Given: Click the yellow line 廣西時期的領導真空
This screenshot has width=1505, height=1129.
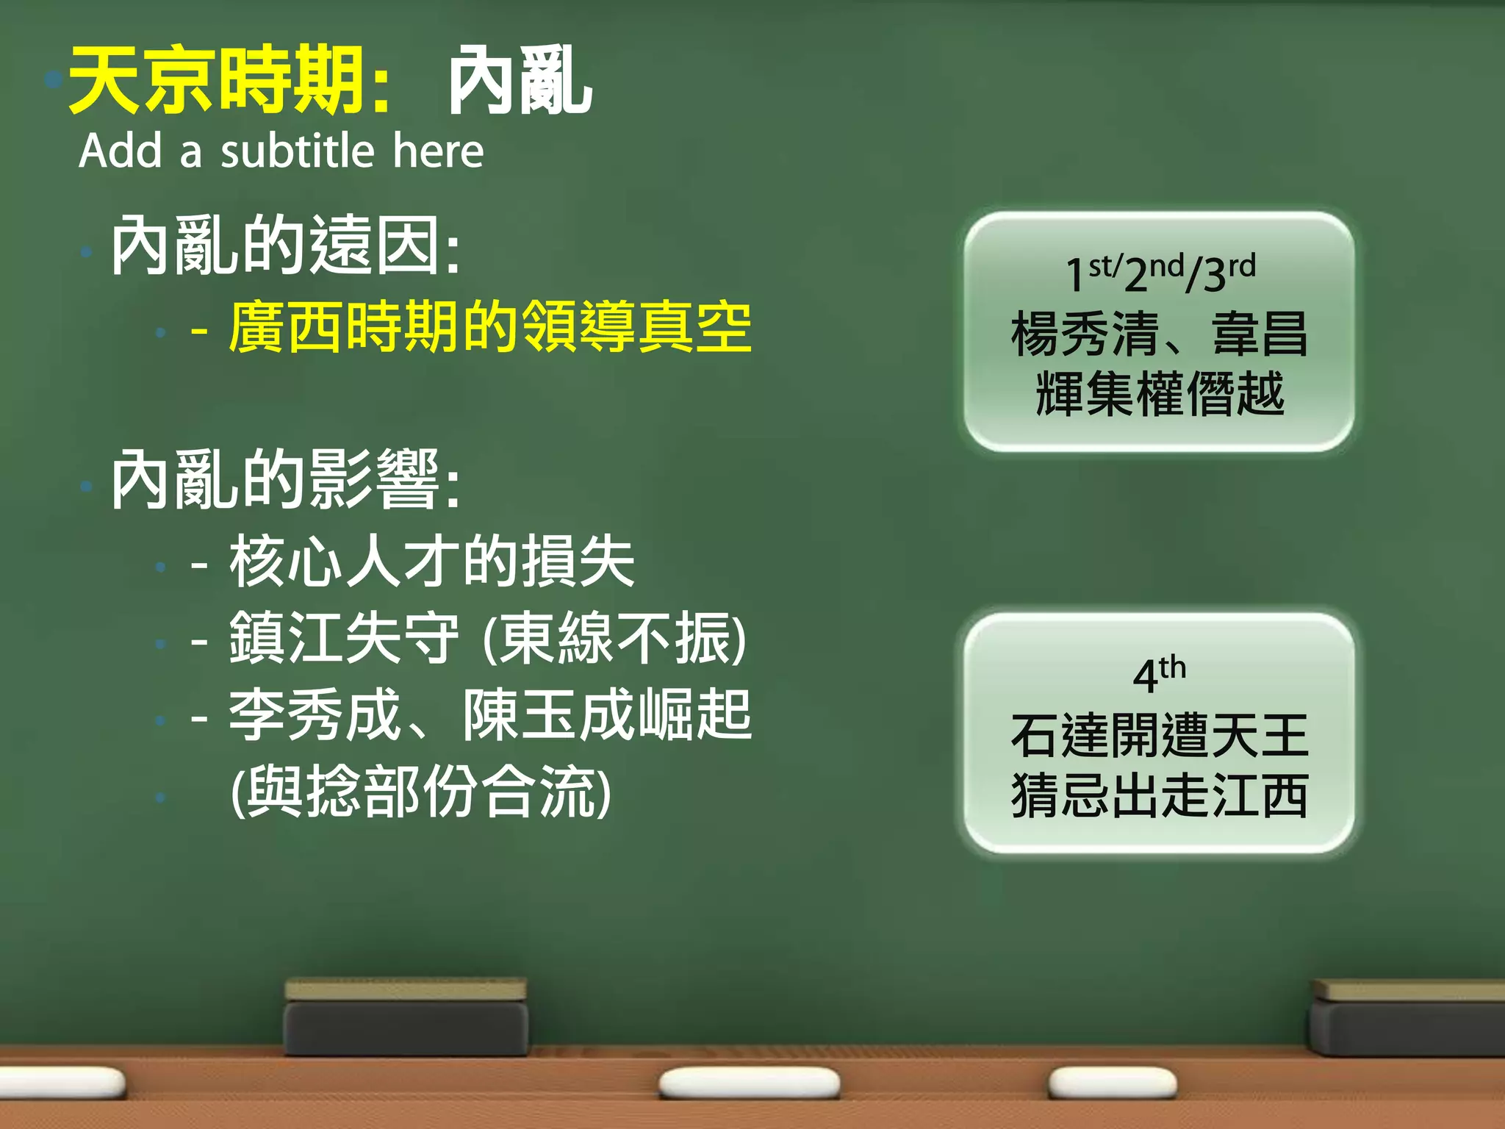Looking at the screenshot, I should [489, 327].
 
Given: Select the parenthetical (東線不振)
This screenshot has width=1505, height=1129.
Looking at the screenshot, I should [614, 638].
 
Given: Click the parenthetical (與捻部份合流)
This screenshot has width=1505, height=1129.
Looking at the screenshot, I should [420, 792].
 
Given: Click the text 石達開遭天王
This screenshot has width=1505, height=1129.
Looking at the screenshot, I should [1160, 735].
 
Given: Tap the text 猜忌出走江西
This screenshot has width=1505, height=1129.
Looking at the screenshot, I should [1160, 796].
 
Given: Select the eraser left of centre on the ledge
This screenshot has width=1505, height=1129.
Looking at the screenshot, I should [406, 1018].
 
